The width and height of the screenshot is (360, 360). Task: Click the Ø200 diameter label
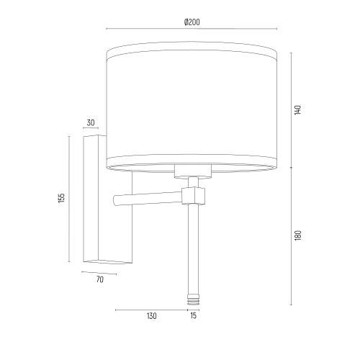tap(192, 22)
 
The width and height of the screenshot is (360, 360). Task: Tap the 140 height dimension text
tap(297, 109)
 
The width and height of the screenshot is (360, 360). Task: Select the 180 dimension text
tap(297, 235)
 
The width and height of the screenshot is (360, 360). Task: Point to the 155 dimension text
tap(62, 198)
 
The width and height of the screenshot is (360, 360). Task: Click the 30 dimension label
tap(91, 122)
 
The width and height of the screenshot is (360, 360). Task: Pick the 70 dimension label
tap(100, 279)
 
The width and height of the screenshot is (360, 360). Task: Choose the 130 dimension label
tap(152, 316)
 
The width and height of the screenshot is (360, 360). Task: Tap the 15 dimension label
tap(193, 315)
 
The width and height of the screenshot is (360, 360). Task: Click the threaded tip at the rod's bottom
tap(193, 300)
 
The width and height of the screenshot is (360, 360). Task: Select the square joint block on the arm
tap(194, 195)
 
